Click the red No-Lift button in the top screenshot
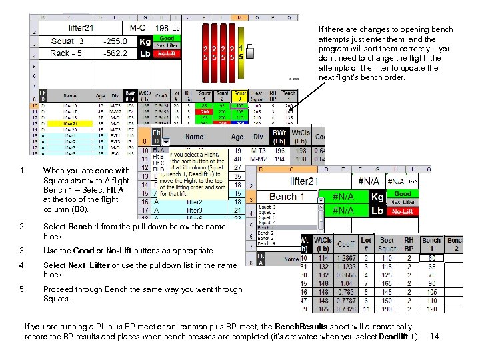[167, 54]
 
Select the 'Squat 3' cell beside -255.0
[67, 41]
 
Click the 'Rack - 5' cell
[67, 54]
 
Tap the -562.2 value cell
[115, 54]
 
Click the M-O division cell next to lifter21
[139, 28]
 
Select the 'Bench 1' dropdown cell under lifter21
[287, 197]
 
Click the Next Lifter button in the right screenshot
[402, 202]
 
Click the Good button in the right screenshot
[402, 193]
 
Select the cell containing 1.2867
[345, 259]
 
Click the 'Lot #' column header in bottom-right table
[365, 244]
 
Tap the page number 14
[435, 336]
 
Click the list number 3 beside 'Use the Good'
[23, 251]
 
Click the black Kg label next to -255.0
[144, 41]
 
